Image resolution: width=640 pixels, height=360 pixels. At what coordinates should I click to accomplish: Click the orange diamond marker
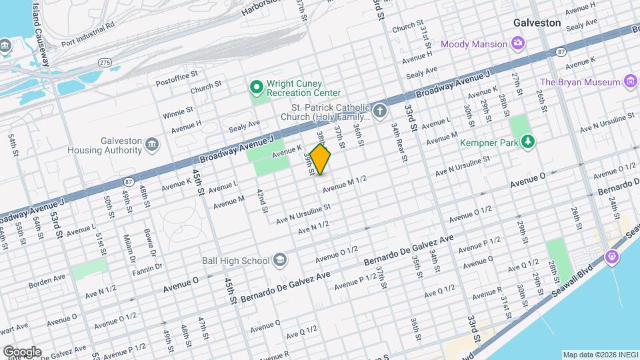click(x=320, y=160)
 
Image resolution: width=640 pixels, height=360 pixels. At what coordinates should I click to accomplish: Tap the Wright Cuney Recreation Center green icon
click(x=256, y=88)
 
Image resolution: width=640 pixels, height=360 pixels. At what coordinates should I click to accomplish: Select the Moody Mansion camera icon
click(x=517, y=44)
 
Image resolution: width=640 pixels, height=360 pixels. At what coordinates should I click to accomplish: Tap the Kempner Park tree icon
click(x=527, y=141)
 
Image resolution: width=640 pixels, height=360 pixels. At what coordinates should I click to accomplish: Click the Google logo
click(x=21, y=351)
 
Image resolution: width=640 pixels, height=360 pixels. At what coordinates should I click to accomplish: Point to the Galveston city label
click(x=537, y=23)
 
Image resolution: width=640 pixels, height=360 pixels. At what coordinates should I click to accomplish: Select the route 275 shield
click(x=104, y=62)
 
